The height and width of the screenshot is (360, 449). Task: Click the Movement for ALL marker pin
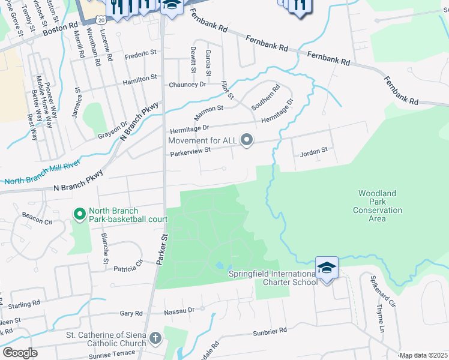(x=246, y=140)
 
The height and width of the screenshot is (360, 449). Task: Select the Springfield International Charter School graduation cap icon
(x=327, y=268)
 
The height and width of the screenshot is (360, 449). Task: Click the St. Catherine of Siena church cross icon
(x=155, y=338)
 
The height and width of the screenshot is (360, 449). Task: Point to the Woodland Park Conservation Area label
(x=377, y=206)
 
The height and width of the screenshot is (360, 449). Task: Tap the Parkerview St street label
(x=189, y=152)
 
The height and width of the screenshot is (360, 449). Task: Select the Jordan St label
(x=313, y=152)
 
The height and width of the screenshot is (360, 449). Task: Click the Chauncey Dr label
(x=187, y=85)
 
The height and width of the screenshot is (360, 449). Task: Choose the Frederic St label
(x=140, y=55)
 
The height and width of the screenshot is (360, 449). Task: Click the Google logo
(x=20, y=353)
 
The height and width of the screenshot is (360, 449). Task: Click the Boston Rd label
(x=65, y=28)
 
